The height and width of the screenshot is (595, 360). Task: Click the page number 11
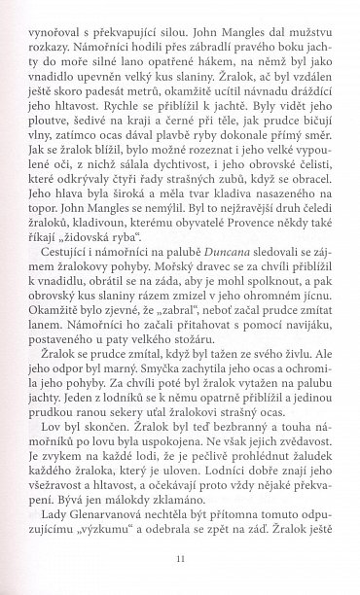pyautogui.click(x=181, y=559)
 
